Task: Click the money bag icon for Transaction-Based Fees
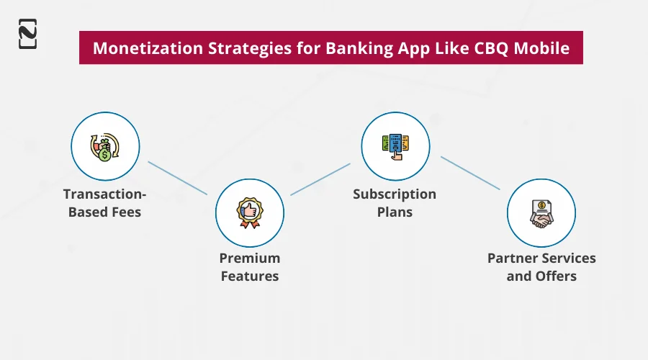pyautogui.click(x=105, y=145)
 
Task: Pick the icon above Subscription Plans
pyautogui.click(x=395, y=145)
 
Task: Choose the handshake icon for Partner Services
pyautogui.click(x=541, y=213)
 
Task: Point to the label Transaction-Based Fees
pyautogui.click(x=105, y=202)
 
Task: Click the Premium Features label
pyautogui.click(x=250, y=266)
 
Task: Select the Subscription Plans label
pyautogui.click(x=395, y=202)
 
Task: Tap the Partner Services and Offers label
pyautogui.click(x=541, y=266)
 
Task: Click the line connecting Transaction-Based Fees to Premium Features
pyautogui.click(x=177, y=178)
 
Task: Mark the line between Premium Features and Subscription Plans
pyautogui.click(x=320, y=179)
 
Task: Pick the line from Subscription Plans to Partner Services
pyautogui.click(x=469, y=174)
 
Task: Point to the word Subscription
pyautogui.click(x=395, y=194)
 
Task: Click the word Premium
pyautogui.click(x=250, y=258)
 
